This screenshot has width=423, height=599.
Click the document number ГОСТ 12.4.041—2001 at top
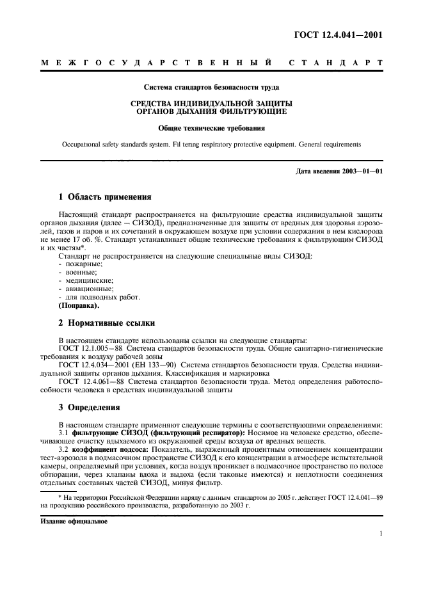click(340, 35)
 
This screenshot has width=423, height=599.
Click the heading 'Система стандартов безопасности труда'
click(212, 86)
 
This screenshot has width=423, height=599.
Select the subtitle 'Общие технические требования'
click(212, 128)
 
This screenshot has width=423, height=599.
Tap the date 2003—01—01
click(360, 171)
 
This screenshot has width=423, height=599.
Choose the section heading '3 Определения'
click(90, 406)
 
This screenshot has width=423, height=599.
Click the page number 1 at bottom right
click(380, 533)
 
